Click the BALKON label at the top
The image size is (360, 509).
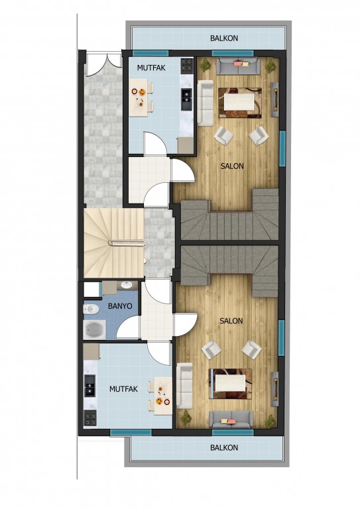tap(224, 38)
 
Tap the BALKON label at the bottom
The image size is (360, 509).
tap(224, 447)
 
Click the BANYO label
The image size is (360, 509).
tap(120, 306)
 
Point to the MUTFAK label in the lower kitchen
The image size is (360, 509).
tap(123, 389)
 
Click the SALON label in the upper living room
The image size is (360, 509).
tap(232, 166)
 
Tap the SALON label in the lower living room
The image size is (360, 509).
tap(231, 321)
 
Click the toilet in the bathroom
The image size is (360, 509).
tap(91, 309)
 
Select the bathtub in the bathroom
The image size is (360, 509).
tap(95, 329)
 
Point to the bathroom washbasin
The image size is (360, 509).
tap(126, 286)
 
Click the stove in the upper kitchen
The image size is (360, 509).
tap(187, 64)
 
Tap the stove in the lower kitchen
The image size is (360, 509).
tap(90, 418)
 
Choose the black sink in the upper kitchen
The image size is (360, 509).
tap(187, 99)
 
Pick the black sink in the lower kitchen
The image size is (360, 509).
tap(90, 386)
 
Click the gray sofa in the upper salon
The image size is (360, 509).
tap(238, 66)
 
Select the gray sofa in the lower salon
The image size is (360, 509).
tap(231, 419)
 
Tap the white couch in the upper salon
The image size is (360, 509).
tap(205, 103)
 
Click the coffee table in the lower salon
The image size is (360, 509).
tap(230, 383)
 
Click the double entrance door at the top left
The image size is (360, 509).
tap(103, 65)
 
